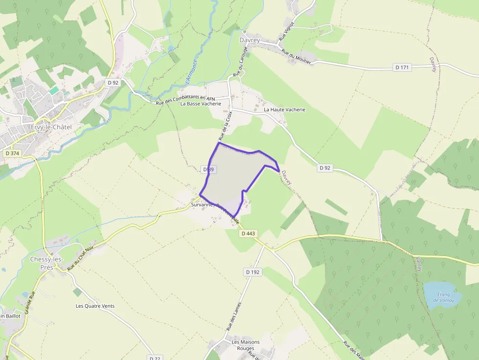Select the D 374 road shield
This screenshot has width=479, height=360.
(12, 153)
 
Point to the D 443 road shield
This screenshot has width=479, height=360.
(248, 233)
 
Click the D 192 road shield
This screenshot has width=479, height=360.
(253, 272)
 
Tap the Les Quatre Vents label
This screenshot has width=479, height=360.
(95, 306)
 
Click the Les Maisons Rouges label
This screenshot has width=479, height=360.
(245, 345)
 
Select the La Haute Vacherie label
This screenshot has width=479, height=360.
(284, 110)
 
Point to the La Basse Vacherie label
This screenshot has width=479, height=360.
(200, 104)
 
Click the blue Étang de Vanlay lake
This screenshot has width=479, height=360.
(442, 295)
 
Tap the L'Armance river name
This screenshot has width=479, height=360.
(191, 70)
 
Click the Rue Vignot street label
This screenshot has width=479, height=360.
(287, 31)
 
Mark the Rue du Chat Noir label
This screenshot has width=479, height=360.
(80, 259)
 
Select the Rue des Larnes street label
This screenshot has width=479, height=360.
(235, 317)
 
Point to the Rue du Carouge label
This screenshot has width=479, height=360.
(239, 64)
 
